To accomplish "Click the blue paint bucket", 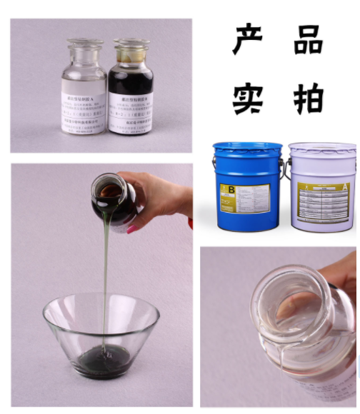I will (247, 187).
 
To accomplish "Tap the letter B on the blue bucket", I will (230, 190).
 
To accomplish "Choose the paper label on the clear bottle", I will (85, 112).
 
